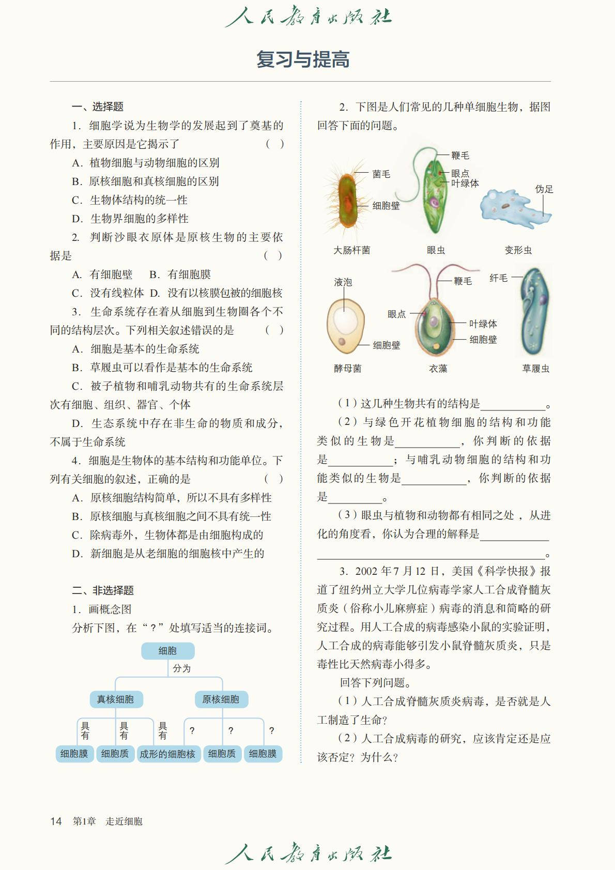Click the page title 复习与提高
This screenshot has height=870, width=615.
point(303,59)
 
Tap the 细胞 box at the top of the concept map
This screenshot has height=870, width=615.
point(167,651)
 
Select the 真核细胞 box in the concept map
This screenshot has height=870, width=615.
point(115,699)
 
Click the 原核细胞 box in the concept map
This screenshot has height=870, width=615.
point(221,699)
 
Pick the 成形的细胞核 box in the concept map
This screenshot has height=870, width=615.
point(167,754)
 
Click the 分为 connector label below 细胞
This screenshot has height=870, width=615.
point(181,668)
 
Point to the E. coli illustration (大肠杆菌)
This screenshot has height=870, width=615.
point(347,199)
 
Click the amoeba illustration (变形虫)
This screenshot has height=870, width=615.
point(514,207)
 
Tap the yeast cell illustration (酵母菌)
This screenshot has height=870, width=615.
point(345,326)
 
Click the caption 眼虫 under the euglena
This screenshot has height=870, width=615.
point(436,250)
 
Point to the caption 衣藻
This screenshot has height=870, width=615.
point(438,369)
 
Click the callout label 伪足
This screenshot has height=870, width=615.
point(544,189)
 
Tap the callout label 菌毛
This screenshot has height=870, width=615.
point(381,174)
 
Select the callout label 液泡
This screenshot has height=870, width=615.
point(343,282)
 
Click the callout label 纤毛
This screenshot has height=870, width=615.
point(498,278)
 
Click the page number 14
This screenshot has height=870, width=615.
point(56,821)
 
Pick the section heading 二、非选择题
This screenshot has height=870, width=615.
point(103,590)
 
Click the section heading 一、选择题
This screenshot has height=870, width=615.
point(98,106)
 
